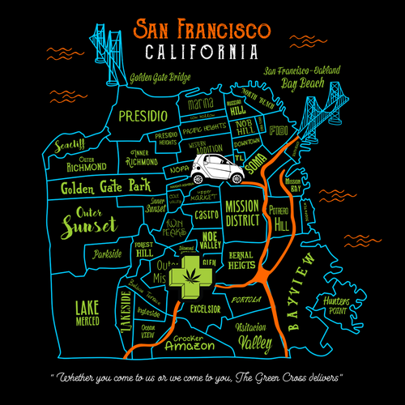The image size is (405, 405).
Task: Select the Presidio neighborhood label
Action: [x=143, y=116]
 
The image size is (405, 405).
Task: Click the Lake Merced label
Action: [x=87, y=313]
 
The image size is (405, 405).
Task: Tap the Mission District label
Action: [x=241, y=212]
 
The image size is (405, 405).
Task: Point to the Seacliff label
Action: [x=70, y=146]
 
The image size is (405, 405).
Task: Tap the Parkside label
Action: [x=107, y=254]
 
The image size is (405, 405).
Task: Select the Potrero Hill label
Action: [x=281, y=217]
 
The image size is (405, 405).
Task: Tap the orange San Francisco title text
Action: [x=202, y=29]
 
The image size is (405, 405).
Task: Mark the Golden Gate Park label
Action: [x=105, y=189]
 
